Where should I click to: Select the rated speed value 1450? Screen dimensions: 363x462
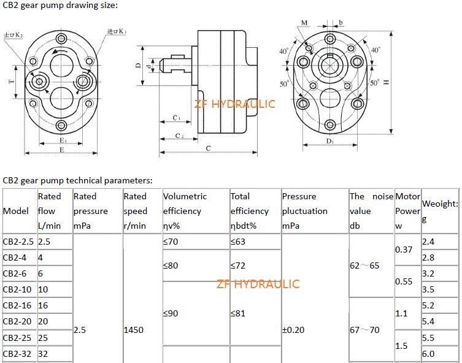134,330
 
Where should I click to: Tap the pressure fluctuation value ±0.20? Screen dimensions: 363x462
293,330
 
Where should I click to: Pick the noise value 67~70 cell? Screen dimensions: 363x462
364,330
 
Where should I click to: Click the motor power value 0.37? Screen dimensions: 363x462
404,250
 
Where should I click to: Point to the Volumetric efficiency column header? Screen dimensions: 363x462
185,211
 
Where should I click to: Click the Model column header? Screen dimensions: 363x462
16,211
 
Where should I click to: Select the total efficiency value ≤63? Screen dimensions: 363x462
238,242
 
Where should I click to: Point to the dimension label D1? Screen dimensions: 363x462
329,141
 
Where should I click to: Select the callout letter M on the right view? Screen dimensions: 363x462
304,23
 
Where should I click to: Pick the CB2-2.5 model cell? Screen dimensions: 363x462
18,242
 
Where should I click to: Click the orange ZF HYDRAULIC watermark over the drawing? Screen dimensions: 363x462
235,104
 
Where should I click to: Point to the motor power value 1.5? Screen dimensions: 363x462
401,346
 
